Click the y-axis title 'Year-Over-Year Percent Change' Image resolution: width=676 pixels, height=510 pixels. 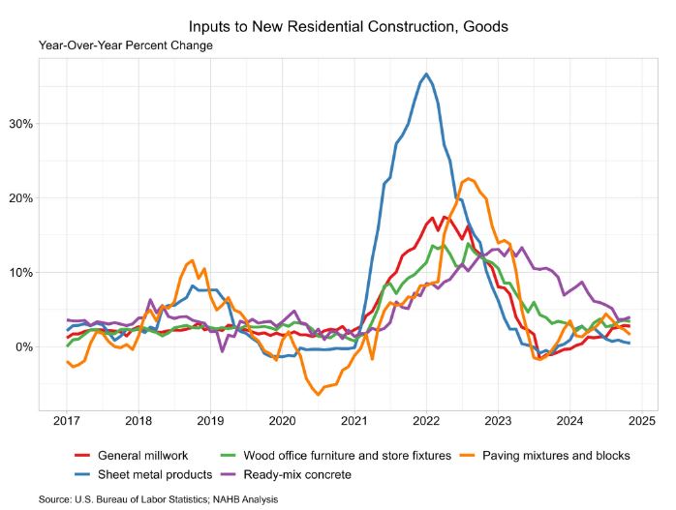point(126,45)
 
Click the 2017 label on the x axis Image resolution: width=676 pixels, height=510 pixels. point(67,421)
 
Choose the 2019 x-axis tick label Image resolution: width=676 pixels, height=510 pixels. point(211,421)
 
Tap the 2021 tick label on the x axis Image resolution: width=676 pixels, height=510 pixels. point(354,421)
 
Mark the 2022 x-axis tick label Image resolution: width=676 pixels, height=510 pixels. point(426,421)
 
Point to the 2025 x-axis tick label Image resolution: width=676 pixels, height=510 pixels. point(642,421)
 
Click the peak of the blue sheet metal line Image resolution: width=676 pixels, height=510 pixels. point(426,75)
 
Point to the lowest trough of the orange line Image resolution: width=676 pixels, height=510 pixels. point(318,394)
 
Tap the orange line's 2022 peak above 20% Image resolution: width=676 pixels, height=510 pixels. point(469,178)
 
